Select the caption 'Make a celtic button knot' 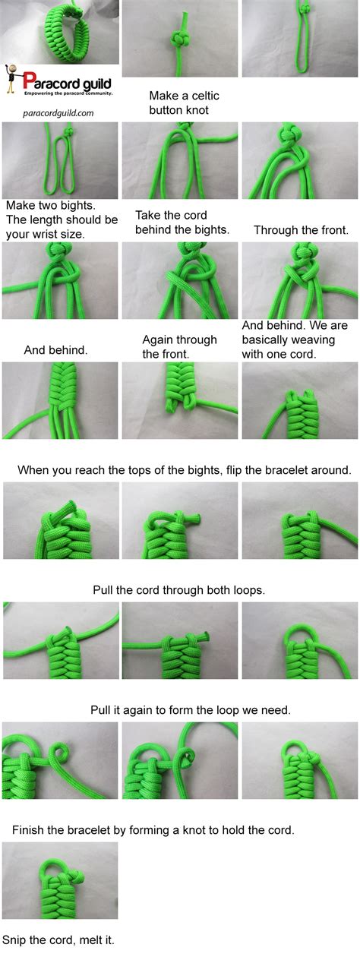point(178,103)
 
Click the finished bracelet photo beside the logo point(60,32)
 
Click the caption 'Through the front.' point(301,229)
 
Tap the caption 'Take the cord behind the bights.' point(182,222)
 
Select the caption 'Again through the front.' point(179,346)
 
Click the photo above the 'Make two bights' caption point(60,160)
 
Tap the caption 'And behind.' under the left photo point(55,350)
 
